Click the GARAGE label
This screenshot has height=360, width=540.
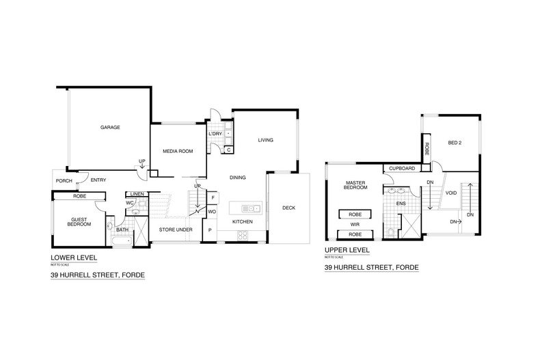(110, 127)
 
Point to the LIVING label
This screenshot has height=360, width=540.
(265, 140)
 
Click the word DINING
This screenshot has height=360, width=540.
(238, 178)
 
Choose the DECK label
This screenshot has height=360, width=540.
(288, 208)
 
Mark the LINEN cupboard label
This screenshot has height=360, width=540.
(135, 194)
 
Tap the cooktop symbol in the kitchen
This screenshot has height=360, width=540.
(243, 236)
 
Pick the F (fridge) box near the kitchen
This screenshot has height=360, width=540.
(213, 197)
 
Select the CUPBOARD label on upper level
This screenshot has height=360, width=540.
(401, 168)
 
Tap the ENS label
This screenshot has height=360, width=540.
(401, 203)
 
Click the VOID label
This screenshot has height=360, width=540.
(450, 193)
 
